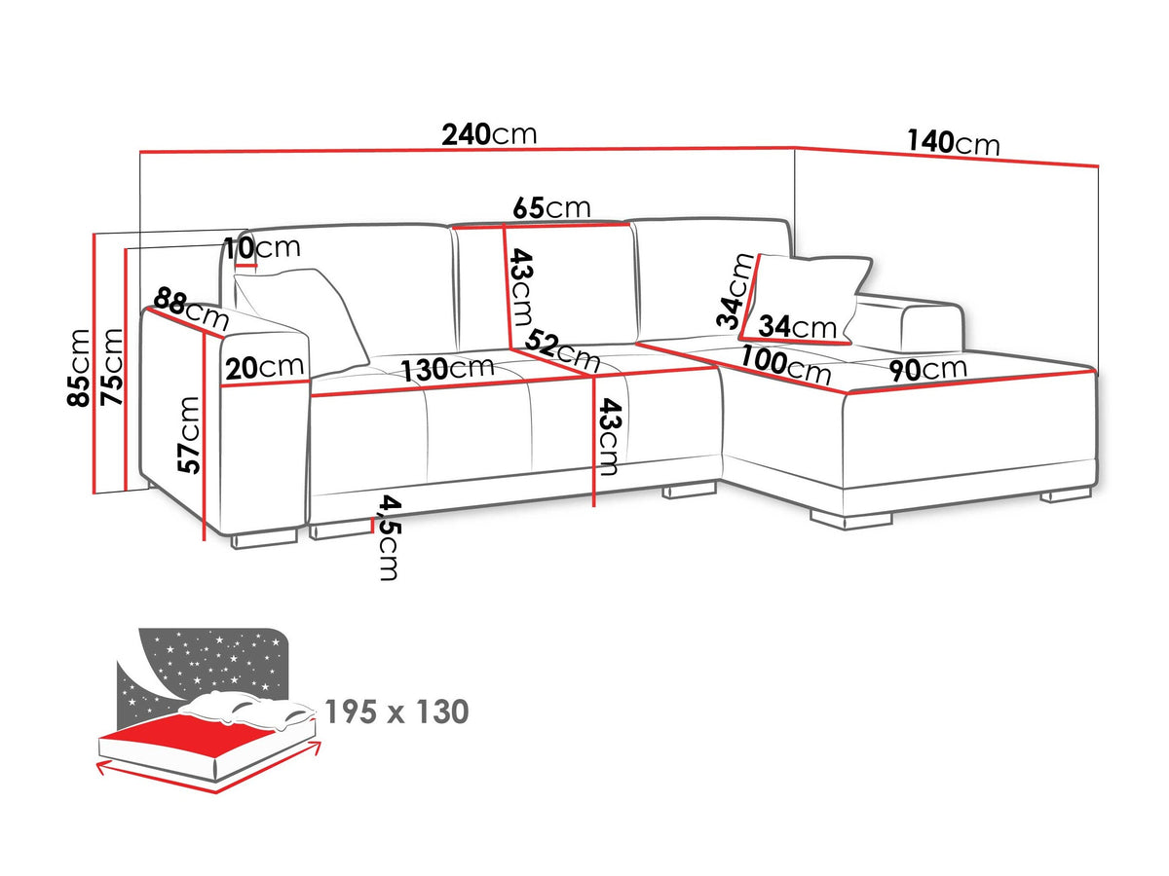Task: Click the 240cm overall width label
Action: click(x=489, y=135)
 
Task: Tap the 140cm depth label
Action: click(x=953, y=143)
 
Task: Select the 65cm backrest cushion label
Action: click(x=551, y=207)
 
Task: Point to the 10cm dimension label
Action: click(x=262, y=248)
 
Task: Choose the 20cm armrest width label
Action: click(x=265, y=367)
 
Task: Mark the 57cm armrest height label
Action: click(x=189, y=435)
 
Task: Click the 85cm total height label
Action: click(x=78, y=368)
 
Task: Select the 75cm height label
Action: click(x=112, y=367)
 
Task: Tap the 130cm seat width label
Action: click(x=448, y=369)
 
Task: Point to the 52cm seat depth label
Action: click(x=562, y=350)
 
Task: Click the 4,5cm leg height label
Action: click(x=390, y=537)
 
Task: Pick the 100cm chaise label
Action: click(x=785, y=365)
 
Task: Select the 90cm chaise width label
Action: click(x=927, y=369)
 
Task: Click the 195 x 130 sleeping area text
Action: click(x=396, y=712)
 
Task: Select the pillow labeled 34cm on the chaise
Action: click(x=806, y=300)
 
